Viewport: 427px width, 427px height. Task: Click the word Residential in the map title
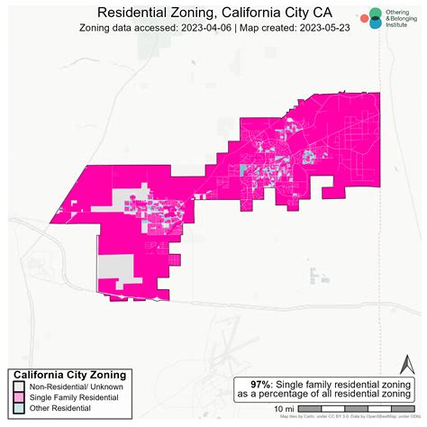tap(132, 12)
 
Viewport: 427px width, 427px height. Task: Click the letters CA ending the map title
tap(320, 12)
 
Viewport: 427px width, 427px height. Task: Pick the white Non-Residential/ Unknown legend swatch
tap(18, 386)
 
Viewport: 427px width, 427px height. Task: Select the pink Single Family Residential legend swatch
tap(18, 397)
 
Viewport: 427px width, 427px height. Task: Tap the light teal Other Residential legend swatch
tap(18, 409)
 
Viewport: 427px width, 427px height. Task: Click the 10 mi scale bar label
tap(283, 410)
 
